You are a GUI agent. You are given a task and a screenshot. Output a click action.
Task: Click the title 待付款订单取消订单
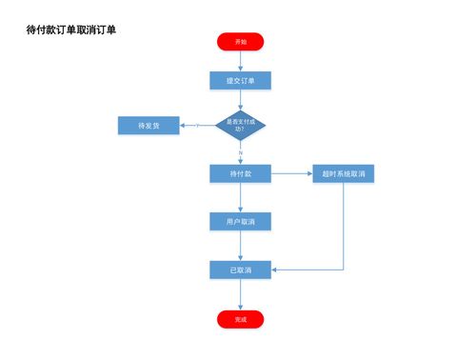pyautogui.click(x=71, y=30)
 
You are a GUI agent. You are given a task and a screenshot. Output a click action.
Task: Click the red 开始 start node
pyautogui.click(x=240, y=41)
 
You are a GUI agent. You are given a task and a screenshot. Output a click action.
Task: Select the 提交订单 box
pyautogui.click(x=240, y=81)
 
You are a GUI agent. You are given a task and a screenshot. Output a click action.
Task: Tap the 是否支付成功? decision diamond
pyautogui.click(x=240, y=125)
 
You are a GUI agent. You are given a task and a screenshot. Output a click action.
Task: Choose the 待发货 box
pyautogui.click(x=148, y=125)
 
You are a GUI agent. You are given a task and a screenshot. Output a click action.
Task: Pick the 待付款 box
pyautogui.click(x=240, y=173)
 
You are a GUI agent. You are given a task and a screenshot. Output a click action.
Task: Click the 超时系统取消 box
pyautogui.click(x=344, y=173)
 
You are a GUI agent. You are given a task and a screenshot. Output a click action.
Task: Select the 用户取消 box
pyautogui.click(x=240, y=222)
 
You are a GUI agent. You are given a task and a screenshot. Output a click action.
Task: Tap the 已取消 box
pyautogui.click(x=240, y=270)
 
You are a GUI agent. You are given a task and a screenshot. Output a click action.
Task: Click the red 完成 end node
pyautogui.click(x=240, y=319)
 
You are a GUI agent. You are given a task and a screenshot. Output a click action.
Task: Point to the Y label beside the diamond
pyautogui.click(x=197, y=125)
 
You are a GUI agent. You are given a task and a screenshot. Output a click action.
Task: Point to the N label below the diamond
pyautogui.click(x=241, y=152)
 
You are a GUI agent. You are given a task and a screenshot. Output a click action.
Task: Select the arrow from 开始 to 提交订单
pyautogui.click(x=240, y=60)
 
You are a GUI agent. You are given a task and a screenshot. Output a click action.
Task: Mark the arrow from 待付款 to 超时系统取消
pyautogui.click(x=291, y=173)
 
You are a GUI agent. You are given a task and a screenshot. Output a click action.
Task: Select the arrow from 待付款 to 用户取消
pyautogui.click(x=240, y=197)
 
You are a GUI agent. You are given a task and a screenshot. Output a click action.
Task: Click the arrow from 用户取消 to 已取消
pyautogui.click(x=240, y=246)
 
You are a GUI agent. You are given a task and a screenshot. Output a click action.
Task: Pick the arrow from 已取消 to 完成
pyautogui.click(x=240, y=294)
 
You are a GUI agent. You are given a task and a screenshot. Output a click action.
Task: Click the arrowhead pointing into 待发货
pyautogui.click(x=182, y=125)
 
